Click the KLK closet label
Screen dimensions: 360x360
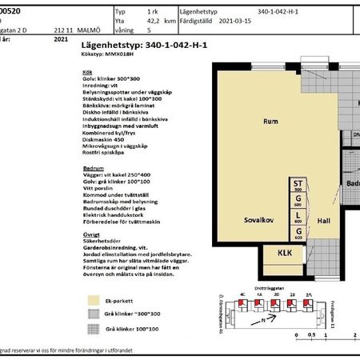click(283, 254)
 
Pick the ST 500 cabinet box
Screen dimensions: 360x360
click(298, 186)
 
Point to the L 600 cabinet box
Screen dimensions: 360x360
click(298, 218)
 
